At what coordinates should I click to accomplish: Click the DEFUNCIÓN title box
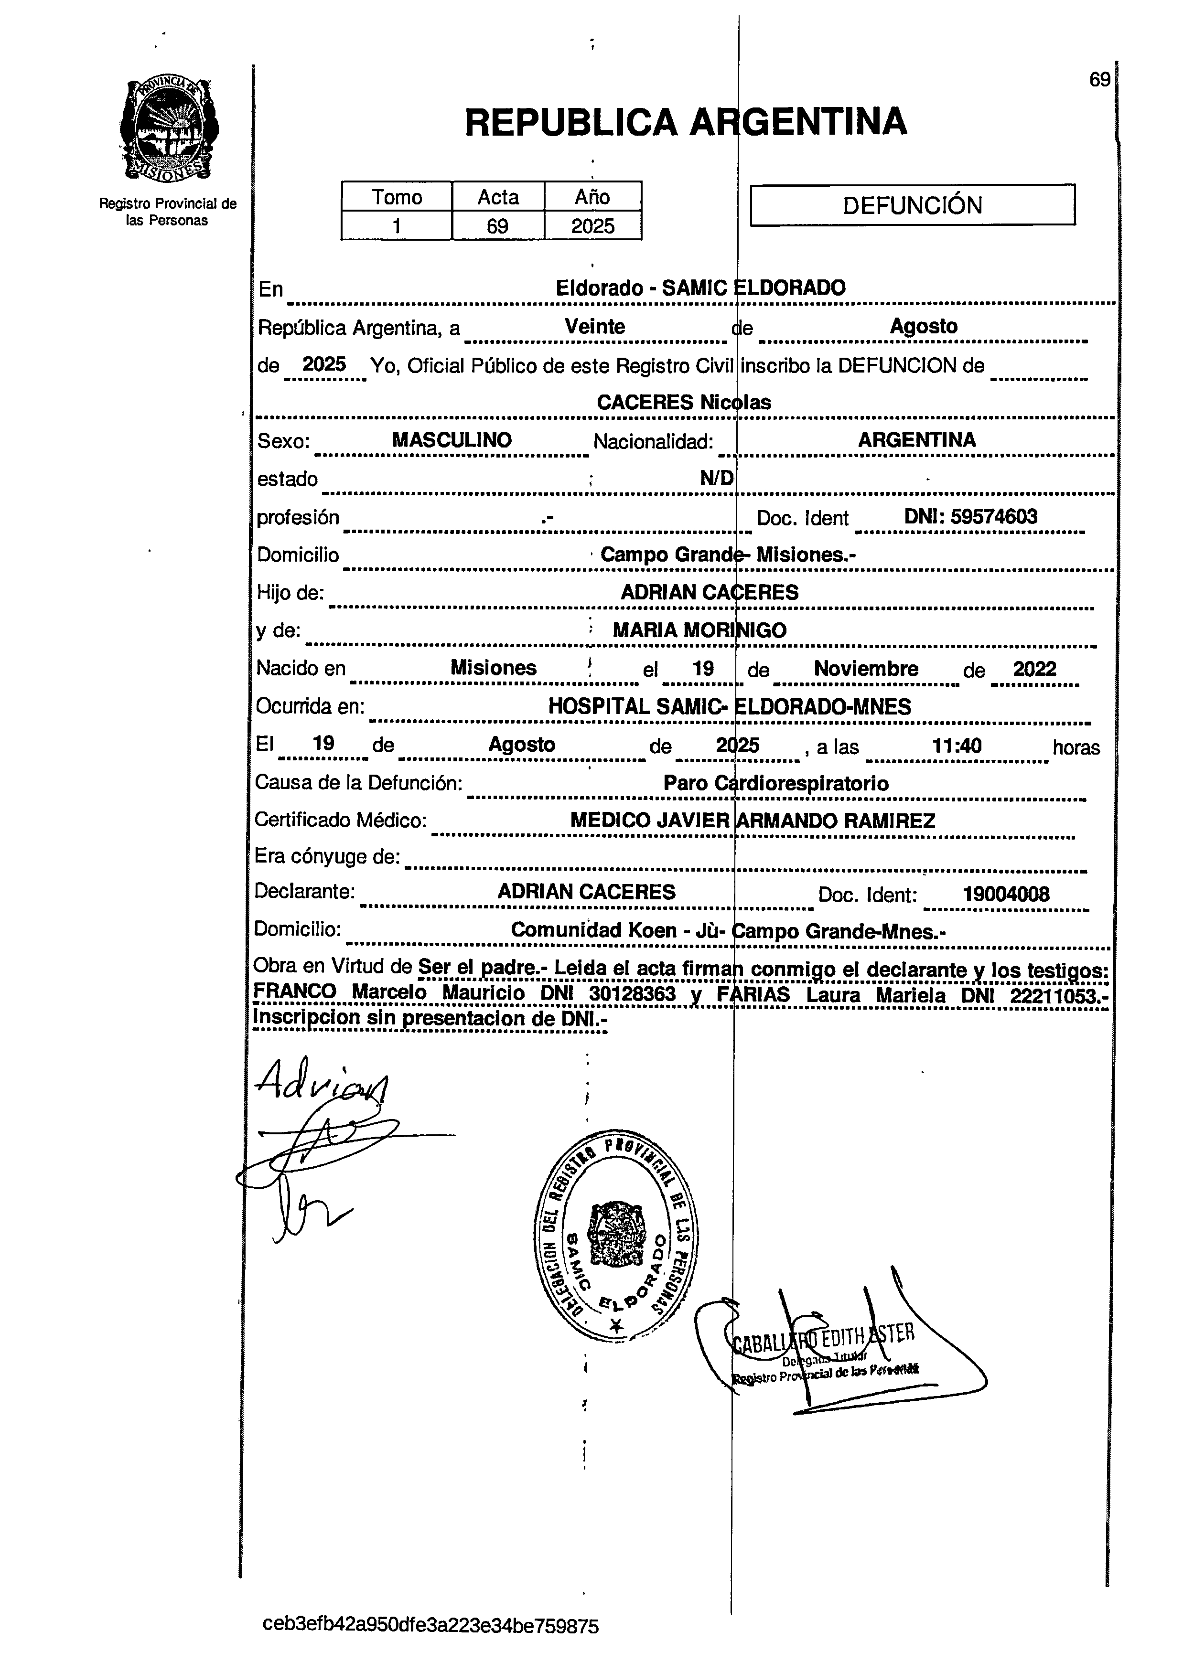click(x=913, y=204)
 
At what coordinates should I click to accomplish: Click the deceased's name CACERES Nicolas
click(x=684, y=402)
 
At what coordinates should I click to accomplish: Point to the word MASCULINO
click(x=452, y=440)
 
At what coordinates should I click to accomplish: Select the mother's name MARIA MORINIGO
click(x=699, y=630)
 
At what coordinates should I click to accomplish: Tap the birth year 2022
click(x=1034, y=669)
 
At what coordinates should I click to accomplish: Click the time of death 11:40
click(x=957, y=746)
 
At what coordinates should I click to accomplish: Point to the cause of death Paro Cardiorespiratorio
click(x=775, y=783)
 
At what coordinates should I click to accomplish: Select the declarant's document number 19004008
click(x=1006, y=894)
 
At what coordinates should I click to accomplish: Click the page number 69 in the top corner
click(x=1099, y=80)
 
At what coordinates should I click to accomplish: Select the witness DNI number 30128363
click(x=632, y=993)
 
